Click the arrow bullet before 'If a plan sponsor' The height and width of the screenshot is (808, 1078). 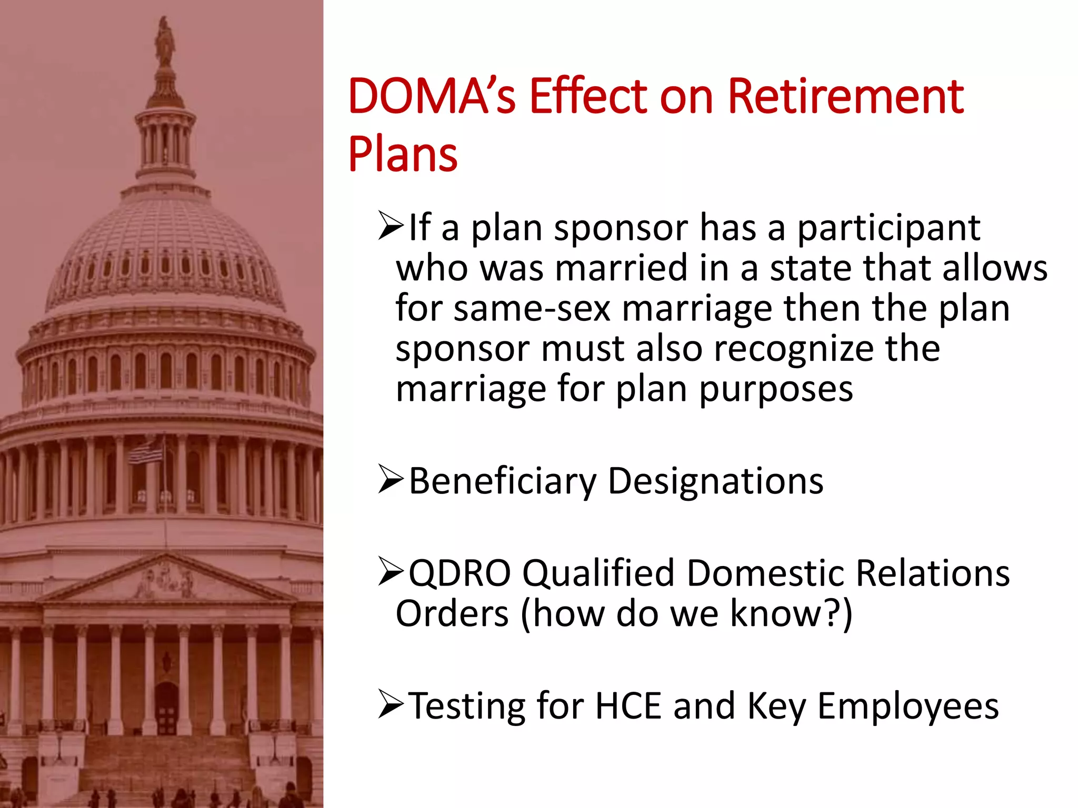coord(391,227)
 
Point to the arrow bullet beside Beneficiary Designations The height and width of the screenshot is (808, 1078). coord(391,481)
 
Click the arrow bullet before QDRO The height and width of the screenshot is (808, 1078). coord(391,572)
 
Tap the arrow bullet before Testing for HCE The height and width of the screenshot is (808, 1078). coord(391,705)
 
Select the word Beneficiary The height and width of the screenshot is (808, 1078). coord(503,482)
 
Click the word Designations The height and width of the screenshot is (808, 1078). coord(716,482)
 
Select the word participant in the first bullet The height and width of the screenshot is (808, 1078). coord(888,229)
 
